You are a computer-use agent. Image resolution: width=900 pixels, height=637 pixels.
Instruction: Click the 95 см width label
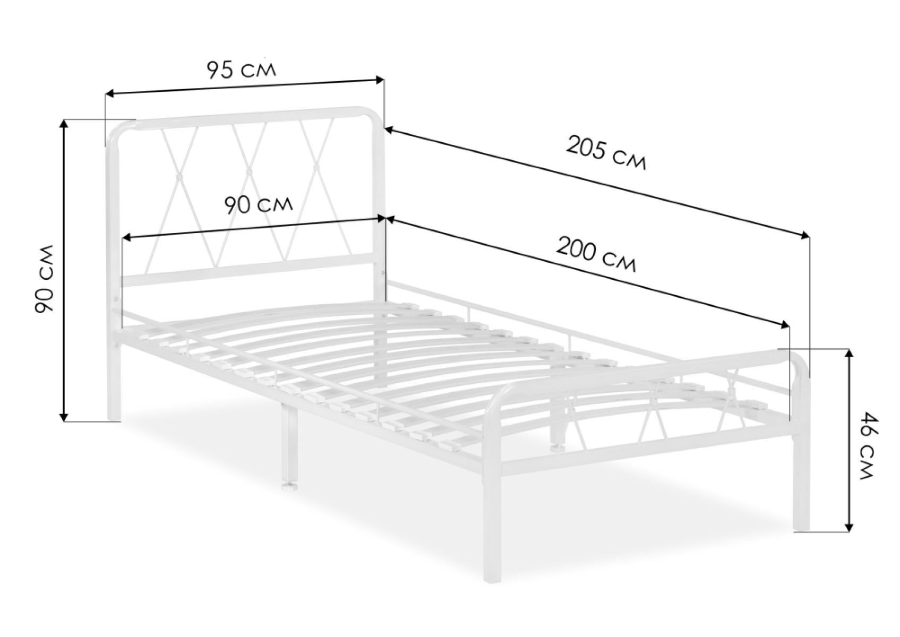tap(242, 70)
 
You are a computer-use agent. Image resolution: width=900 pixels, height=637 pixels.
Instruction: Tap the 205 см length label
tap(606, 153)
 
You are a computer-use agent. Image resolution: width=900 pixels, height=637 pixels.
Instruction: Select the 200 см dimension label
tap(596, 254)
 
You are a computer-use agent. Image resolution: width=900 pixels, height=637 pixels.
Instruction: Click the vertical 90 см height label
tap(44, 279)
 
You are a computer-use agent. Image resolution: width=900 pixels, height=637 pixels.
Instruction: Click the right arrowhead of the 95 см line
tap(380, 80)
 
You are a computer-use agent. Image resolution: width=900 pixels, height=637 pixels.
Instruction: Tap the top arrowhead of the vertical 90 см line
tap(64, 125)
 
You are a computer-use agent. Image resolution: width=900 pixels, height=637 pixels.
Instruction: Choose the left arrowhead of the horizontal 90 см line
tap(127, 238)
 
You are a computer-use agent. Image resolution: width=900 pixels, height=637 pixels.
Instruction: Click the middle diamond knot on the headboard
tap(248, 172)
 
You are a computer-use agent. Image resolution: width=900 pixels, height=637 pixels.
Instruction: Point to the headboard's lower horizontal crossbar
tap(248, 270)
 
